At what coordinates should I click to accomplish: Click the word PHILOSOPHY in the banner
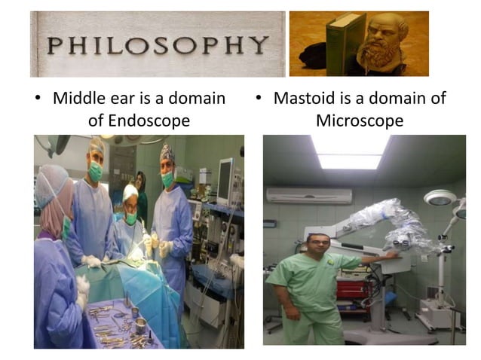pos(157,45)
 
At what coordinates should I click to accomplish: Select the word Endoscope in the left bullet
pos(139,120)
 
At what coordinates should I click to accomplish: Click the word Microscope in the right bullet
pos(360,120)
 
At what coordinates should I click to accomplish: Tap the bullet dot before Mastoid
pos(258,99)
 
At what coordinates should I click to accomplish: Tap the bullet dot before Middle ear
pos(37,99)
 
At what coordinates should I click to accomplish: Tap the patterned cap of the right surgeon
pos(167,154)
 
